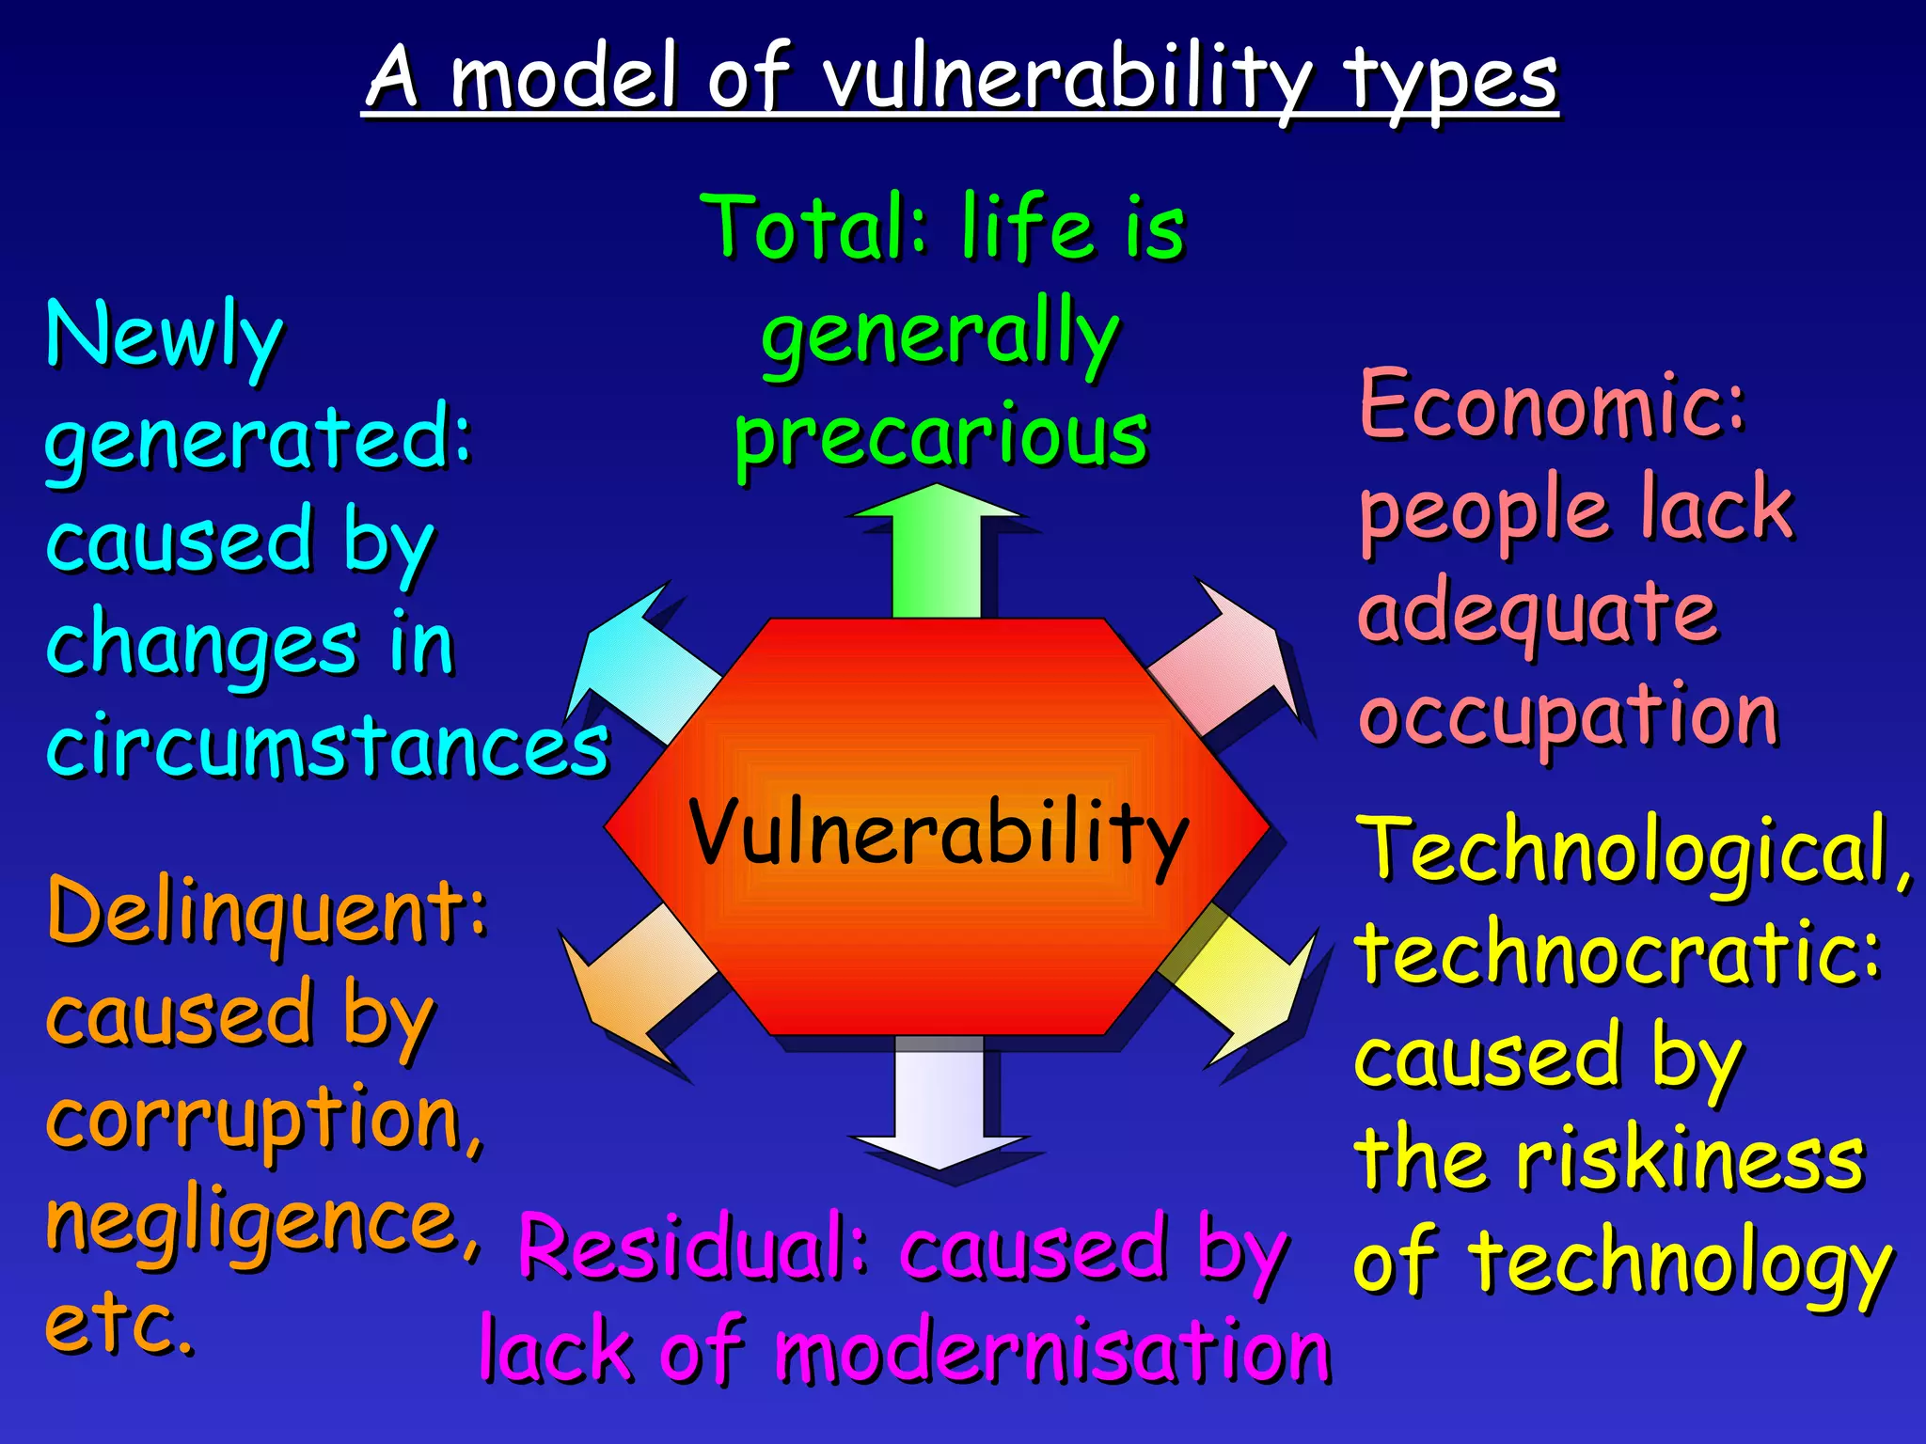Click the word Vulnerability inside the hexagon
pyautogui.click(x=938, y=833)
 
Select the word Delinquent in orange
pyautogui.click(x=267, y=910)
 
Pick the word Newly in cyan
pyautogui.click(x=165, y=337)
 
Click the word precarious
pyautogui.click(x=940, y=438)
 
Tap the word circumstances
pyautogui.click(x=327, y=747)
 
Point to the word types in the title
pyautogui.click(x=1450, y=80)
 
